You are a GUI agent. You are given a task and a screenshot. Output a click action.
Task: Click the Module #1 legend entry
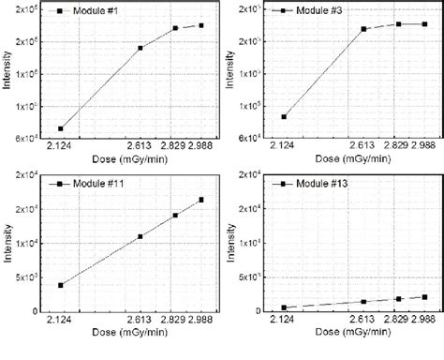pyautogui.click(x=79, y=11)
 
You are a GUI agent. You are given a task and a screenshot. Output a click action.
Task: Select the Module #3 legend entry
pyautogui.click(x=303, y=11)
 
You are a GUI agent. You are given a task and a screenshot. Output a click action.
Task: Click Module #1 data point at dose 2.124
pyautogui.click(x=60, y=128)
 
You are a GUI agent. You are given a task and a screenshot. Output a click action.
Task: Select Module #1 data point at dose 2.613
pyautogui.click(x=141, y=48)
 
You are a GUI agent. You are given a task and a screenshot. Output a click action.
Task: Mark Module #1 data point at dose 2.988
pyautogui.click(x=200, y=25)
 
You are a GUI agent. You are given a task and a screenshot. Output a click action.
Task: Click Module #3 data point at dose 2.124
pyautogui.click(x=284, y=117)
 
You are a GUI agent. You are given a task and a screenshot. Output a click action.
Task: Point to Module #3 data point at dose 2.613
pyautogui.click(x=363, y=29)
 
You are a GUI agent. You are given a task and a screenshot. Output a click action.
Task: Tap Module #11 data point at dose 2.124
pyautogui.click(x=60, y=285)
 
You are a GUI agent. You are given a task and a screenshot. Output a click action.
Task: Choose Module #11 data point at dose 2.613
pyautogui.click(x=141, y=236)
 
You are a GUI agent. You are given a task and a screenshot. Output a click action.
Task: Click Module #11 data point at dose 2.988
pyautogui.click(x=200, y=200)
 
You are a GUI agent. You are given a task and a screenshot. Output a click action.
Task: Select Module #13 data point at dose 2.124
pyautogui.click(x=284, y=307)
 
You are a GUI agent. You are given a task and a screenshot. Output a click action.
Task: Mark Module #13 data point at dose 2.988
pyautogui.click(x=424, y=297)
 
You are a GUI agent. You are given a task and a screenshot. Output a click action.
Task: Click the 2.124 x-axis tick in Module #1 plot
pyautogui.click(x=60, y=146)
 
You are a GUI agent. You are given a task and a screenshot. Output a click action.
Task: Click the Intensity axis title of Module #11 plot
pyautogui.click(x=7, y=242)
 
